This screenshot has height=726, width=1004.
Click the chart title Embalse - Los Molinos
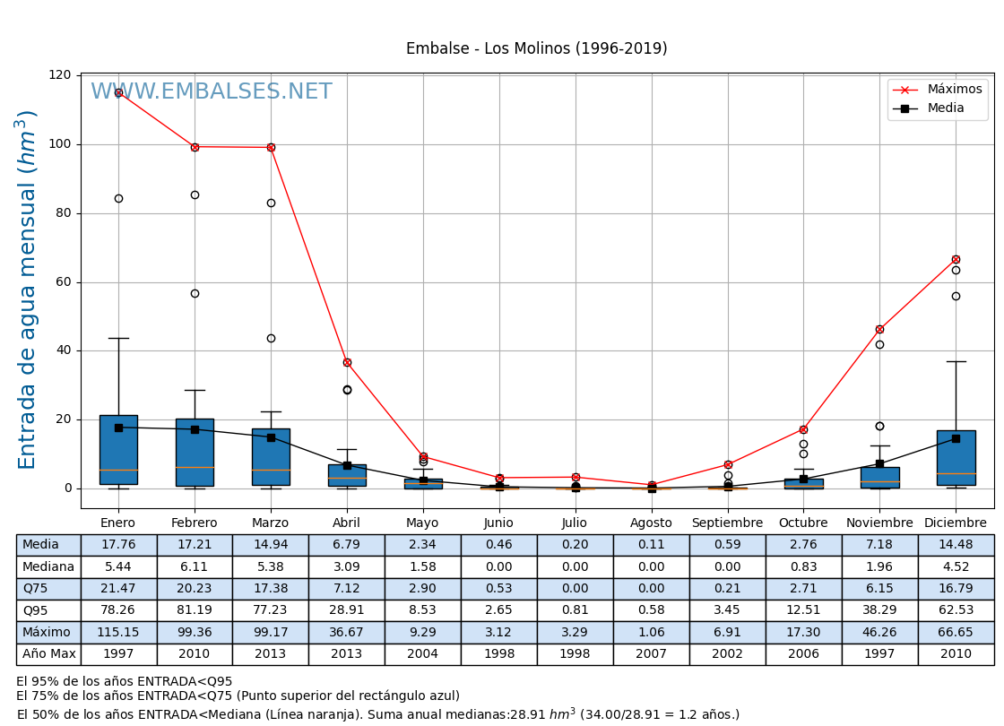click(536, 48)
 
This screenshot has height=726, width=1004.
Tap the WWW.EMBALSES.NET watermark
click(211, 92)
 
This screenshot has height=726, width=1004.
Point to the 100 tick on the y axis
click(60, 144)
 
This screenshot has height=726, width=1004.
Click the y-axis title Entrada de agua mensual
click(28, 289)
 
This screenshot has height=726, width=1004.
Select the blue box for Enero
click(118, 448)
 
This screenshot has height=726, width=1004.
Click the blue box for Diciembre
click(956, 457)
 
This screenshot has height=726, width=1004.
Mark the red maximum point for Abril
click(347, 362)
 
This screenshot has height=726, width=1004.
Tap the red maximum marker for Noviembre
click(879, 329)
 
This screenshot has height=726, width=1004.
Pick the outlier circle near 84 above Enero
click(118, 198)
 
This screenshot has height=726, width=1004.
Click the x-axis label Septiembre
click(727, 523)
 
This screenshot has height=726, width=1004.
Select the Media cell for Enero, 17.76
click(118, 545)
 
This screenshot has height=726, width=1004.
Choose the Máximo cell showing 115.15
click(118, 633)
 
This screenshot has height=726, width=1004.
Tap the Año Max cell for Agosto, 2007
click(651, 654)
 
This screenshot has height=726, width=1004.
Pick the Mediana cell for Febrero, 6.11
click(195, 567)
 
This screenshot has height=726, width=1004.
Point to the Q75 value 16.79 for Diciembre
click(956, 589)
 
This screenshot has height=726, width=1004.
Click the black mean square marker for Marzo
click(271, 437)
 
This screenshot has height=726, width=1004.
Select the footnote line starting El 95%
click(125, 681)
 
